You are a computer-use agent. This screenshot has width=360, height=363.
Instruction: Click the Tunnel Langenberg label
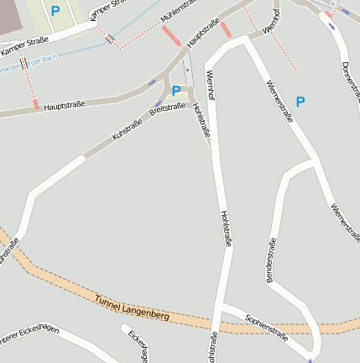[132, 308]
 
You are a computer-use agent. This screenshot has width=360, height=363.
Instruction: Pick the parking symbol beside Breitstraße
[175, 91]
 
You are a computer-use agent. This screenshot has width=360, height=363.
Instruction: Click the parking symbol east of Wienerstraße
[300, 102]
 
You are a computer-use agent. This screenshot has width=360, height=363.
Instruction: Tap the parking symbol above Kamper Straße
[55, 12]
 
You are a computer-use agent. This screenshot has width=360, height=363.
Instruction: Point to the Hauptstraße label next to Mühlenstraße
[205, 35]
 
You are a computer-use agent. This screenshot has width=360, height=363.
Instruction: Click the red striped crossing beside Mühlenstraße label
[171, 36]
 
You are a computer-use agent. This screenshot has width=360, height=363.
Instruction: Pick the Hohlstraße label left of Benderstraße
[225, 228]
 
